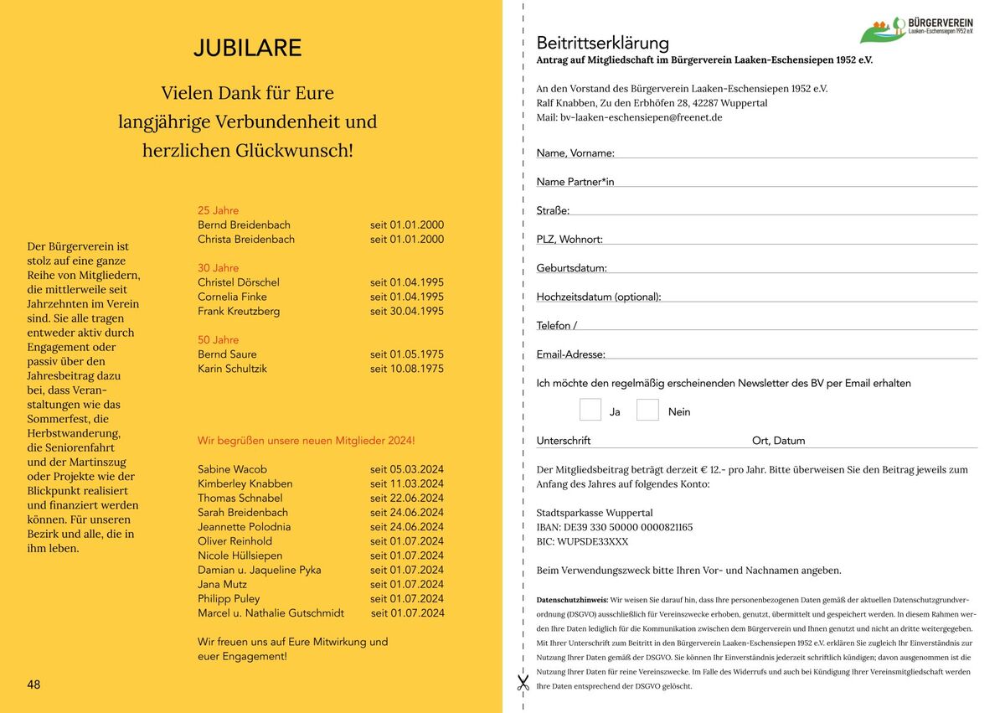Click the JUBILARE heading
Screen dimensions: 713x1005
pyautogui.click(x=247, y=49)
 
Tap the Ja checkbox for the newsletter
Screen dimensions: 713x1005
pyautogui.click(x=590, y=410)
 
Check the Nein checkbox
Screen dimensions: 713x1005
pyautogui.click(x=647, y=410)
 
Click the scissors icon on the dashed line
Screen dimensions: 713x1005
pyautogui.click(x=523, y=682)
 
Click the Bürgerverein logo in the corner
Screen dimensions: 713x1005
pyautogui.click(x=916, y=29)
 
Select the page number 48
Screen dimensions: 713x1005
pyautogui.click(x=33, y=685)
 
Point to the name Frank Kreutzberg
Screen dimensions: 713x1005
pyautogui.click(x=239, y=311)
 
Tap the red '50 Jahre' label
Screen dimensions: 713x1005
pyautogui.click(x=218, y=339)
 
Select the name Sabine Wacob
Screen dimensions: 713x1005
pyautogui.click(x=232, y=469)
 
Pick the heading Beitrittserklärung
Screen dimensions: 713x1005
pyautogui.click(x=602, y=43)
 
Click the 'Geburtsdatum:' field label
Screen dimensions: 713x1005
pyautogui.click(x=571, y=268)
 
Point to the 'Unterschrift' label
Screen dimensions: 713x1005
pyautogui.click(x=563, y=441)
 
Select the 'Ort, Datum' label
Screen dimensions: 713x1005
pyautogui.click(x=778, y=441)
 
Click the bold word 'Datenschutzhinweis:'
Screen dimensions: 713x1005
pyautogui.click(x=572, y=600)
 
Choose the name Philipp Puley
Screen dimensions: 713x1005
pyautogui.click(x=229, y=598)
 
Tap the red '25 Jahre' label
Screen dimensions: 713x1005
pyautogui.click(x=218, y=210)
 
